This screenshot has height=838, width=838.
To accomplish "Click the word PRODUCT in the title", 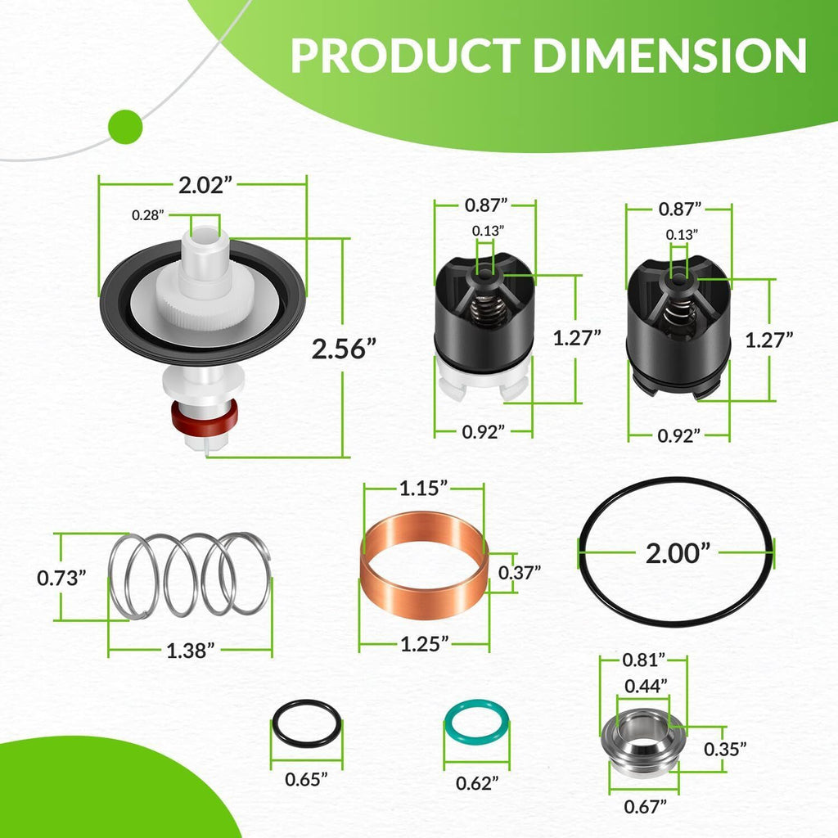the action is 406,55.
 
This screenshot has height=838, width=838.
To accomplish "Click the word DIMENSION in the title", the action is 669,55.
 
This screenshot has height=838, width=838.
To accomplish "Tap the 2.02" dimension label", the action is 205,186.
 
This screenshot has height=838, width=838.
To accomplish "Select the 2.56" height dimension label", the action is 344,349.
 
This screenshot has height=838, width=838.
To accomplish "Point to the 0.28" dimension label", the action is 148,215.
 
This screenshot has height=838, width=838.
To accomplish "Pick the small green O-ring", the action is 476,723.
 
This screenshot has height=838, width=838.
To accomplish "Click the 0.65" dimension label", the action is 306,779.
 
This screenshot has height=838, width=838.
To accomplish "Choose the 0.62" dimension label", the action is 477,783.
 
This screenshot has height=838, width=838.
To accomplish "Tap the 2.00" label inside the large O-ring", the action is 678,553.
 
